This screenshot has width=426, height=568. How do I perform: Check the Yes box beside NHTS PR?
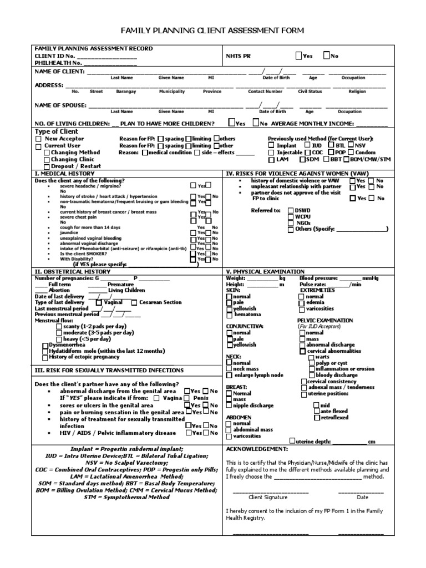click(x=300, y=55)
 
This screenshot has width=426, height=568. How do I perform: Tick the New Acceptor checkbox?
click(x=38, y=139)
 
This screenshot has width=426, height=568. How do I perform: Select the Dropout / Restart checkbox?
click(x=47, y=166)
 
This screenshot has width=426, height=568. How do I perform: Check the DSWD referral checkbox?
click(x=291, y=210)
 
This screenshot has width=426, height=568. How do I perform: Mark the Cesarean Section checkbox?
click(x=134, y=302)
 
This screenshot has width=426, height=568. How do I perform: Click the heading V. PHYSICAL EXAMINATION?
click(x=265, y=271)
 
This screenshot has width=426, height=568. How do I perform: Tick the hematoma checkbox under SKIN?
click(x=230, y=315)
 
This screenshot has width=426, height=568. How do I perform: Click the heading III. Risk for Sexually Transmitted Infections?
click(x=109, y=370)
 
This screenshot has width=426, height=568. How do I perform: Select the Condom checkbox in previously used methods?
click(x=351, y=153)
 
